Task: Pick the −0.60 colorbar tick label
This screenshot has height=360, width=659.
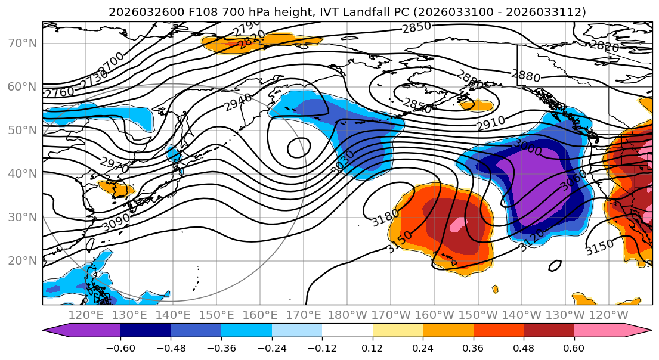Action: [x=120, y=348]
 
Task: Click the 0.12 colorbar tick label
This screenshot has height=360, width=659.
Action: [x=372, y=348]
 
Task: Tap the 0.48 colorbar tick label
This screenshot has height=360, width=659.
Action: [x=524, y=348]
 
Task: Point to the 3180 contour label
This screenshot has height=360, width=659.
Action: [x=385, y=218]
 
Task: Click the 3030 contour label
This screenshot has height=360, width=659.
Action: [x=342, y=162]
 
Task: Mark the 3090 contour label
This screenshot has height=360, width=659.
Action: [x=116, y=222]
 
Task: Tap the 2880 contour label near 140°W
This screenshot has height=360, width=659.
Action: [x=525, y=76]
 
